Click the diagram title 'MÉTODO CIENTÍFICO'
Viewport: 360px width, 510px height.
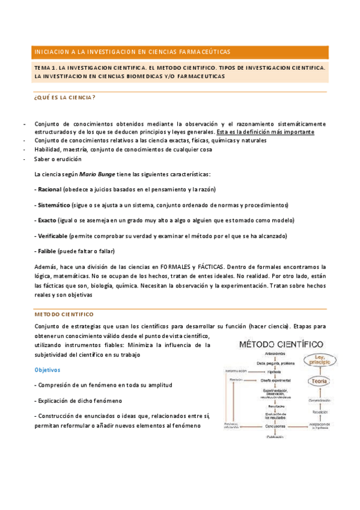pyautogui.click(x=282, y=345)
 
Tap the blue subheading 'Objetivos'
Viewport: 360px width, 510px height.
pyautogui.click(x=49, y=370)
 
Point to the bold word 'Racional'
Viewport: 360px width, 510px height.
pyautogui.click(x=52, y=189)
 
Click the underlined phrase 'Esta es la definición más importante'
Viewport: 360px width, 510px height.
pyautogui.click(x=265, y=132)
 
